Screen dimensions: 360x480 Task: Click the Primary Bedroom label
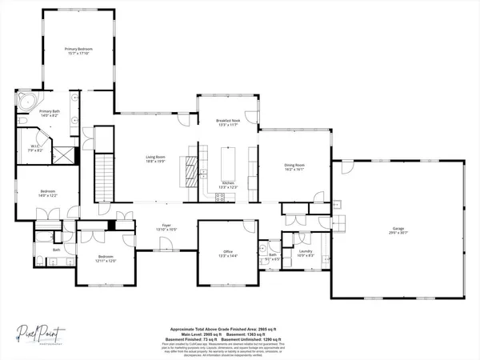point(78,51)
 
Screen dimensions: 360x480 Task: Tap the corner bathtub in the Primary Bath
point(26,102)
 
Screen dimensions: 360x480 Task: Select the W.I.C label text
point(35,146)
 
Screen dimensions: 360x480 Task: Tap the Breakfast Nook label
point(228,122)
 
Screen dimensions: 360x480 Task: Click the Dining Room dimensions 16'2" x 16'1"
point(295,170)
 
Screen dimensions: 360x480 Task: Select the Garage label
point(397,228)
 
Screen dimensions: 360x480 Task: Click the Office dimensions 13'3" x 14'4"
point(228,258)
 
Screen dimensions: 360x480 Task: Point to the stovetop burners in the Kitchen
point(205,192)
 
